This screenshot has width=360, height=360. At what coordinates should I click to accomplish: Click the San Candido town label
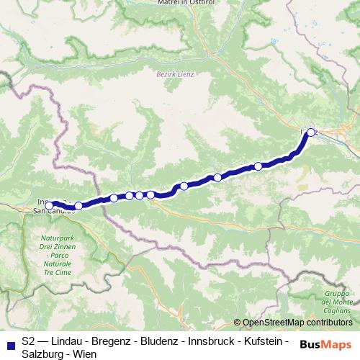click(53, 211)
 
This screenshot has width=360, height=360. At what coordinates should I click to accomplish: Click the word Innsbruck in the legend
click(216, 341)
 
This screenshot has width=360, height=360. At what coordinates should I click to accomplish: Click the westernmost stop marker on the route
click(49, 205)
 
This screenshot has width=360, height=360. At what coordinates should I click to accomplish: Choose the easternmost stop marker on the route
click(311, 132)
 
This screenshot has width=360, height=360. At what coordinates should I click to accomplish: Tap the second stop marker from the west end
click(78, 206)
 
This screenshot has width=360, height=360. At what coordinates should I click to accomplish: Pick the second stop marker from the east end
click(258, 166)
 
